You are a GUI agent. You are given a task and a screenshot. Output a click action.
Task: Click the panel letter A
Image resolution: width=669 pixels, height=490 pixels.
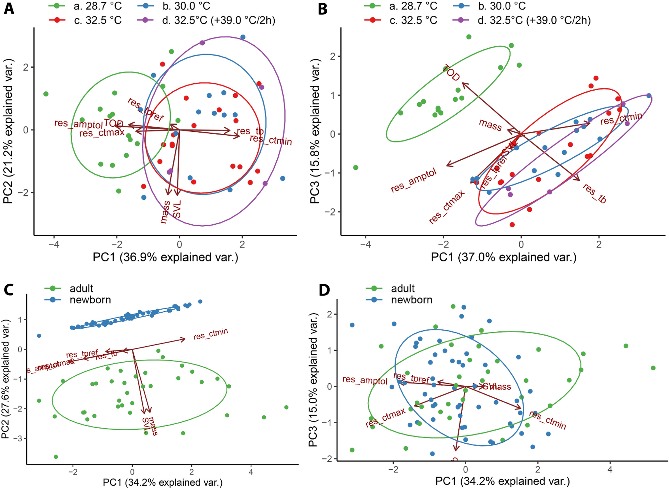click(x=9, y=9)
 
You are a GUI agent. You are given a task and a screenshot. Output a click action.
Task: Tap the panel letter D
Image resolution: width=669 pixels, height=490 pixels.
click(x=324, y=290)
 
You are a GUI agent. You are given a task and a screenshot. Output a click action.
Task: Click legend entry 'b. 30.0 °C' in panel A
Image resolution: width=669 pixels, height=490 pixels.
click(x=186, y=6)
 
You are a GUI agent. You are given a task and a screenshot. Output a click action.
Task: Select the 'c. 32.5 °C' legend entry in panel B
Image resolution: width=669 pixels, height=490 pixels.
click(x=413, y=20)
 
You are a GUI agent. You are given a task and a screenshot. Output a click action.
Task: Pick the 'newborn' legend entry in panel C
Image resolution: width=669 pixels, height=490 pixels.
click(x=90, y=300)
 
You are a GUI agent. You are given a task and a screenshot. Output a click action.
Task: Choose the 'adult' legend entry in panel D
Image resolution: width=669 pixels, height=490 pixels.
click(x=403, y=288)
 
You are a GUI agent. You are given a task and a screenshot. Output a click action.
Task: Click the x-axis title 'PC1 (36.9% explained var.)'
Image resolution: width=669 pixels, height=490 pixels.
click(x=165, y=257)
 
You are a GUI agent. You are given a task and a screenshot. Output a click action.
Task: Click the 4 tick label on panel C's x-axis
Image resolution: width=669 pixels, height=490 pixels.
click(x=251, y=472)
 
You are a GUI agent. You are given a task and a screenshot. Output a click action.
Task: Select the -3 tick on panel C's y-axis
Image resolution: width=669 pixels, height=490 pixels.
click(x=20, y=438)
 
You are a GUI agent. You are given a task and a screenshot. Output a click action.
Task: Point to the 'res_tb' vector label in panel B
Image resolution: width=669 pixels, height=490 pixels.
click(x=594, y=193)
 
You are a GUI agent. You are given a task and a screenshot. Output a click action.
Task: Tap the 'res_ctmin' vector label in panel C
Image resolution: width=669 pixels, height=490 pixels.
click(x=211, y=334)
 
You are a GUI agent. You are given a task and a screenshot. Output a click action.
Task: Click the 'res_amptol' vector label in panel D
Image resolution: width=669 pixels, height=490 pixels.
click(x=365, y=380)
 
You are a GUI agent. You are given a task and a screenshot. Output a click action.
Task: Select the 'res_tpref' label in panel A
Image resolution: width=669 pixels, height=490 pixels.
click(x=146, y=109)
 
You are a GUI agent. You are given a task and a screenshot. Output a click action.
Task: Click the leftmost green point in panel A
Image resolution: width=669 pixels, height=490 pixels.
click(x=46, y=94)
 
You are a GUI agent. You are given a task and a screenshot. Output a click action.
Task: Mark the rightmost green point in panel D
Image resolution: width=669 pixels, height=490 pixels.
click(x=653, y=368)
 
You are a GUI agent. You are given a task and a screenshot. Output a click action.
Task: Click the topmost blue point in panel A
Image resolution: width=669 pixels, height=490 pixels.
click(x=243, y=37)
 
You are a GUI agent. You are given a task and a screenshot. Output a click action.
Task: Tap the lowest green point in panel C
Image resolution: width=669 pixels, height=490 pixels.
click(x=56, y=457)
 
